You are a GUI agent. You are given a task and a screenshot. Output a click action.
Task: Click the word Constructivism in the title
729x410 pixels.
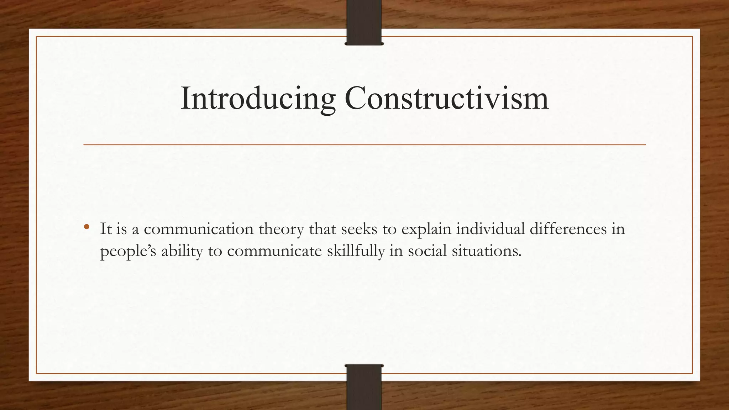click(446, 98)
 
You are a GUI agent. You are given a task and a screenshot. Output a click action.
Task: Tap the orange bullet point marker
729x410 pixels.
click(86, 227)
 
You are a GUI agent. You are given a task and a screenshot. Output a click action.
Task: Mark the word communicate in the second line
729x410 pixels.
click(274, 251)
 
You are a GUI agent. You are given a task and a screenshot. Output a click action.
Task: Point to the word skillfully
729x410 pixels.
click(356, 251)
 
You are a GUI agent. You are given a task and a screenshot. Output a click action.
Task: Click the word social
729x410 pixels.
click(427, 251)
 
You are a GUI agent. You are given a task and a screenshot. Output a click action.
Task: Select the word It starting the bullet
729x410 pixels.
click(106, 229)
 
